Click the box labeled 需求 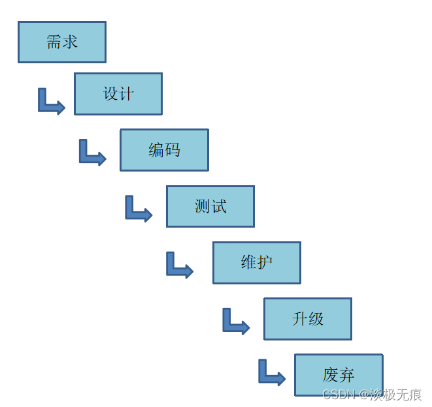pos(62,42)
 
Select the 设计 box pos(118,94)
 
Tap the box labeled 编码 pos(164,150)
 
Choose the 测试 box pos(210,206)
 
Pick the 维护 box pos(257,263)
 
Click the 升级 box pos(308,319)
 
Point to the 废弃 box pos(339,375)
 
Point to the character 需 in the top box pos(54,42)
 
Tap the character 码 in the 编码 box pos(173,150)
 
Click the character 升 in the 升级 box pos(300,319)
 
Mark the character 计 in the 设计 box pos(127,94)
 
